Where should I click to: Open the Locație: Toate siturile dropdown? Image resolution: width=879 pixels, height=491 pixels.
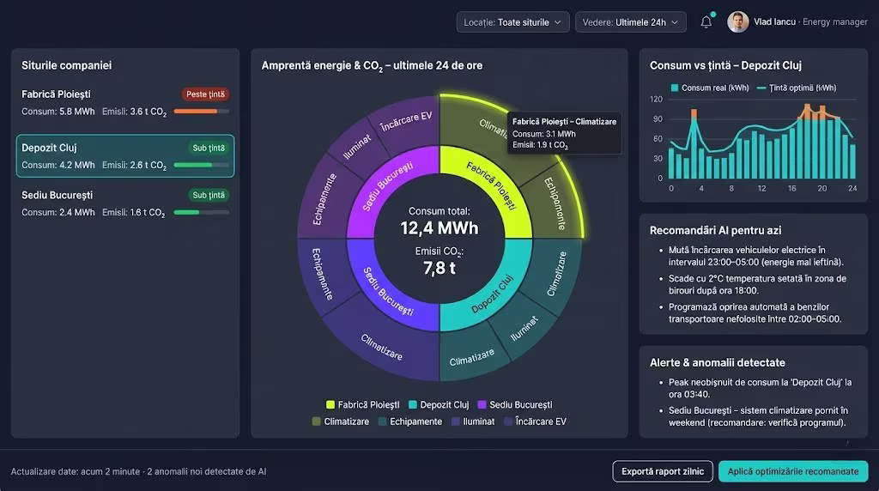[x=512, y=22]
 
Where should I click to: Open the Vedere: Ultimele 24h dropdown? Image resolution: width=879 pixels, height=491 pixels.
[x=629, y=22]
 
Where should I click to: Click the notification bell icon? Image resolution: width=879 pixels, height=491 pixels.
[x=706, y=22]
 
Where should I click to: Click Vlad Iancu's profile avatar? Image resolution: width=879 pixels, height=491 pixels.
[x=737, y=22]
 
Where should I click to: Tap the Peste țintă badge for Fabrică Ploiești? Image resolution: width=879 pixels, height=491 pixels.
[x=205, y=94]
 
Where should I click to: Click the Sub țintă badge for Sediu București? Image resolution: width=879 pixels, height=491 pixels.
[x=209, y=195]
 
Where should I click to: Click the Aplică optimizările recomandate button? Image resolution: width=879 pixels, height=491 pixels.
[x=792, y=471]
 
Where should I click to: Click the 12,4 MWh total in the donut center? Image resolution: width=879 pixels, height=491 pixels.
[x=439, y=227]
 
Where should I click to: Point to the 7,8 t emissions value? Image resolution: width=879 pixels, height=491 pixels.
[x=439, y=268]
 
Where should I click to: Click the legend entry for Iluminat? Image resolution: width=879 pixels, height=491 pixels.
[x=473, y=421]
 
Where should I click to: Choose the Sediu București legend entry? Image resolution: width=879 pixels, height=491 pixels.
[x=514, y=404]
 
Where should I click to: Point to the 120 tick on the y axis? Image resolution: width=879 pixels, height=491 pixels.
[x=657, y=99]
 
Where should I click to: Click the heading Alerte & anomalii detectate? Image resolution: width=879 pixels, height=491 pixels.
[x=718, y=362]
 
